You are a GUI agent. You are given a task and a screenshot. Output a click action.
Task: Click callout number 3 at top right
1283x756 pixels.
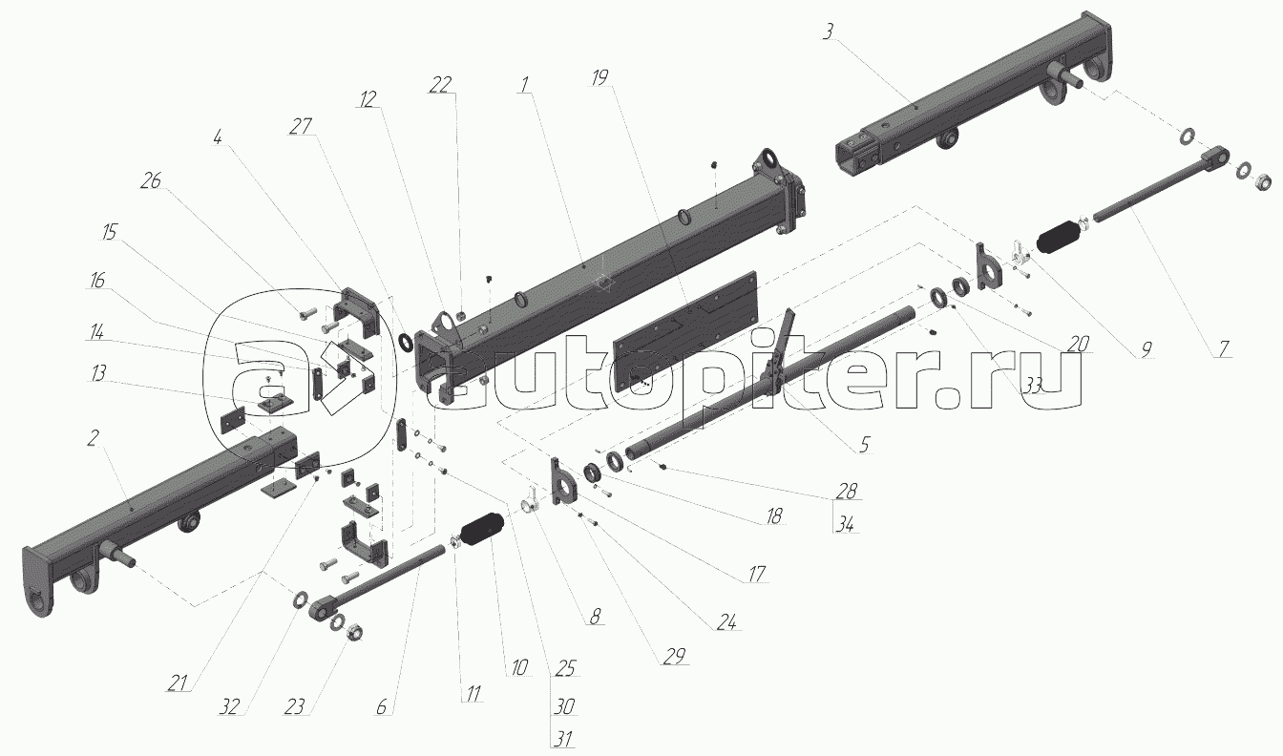(828, 31)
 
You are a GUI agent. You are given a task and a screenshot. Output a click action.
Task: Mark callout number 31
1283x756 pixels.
(562, 737)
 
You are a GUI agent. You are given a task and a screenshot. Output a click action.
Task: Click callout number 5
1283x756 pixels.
(864, 443)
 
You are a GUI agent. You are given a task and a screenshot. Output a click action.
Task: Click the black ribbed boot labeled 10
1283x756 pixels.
(481, 532)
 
